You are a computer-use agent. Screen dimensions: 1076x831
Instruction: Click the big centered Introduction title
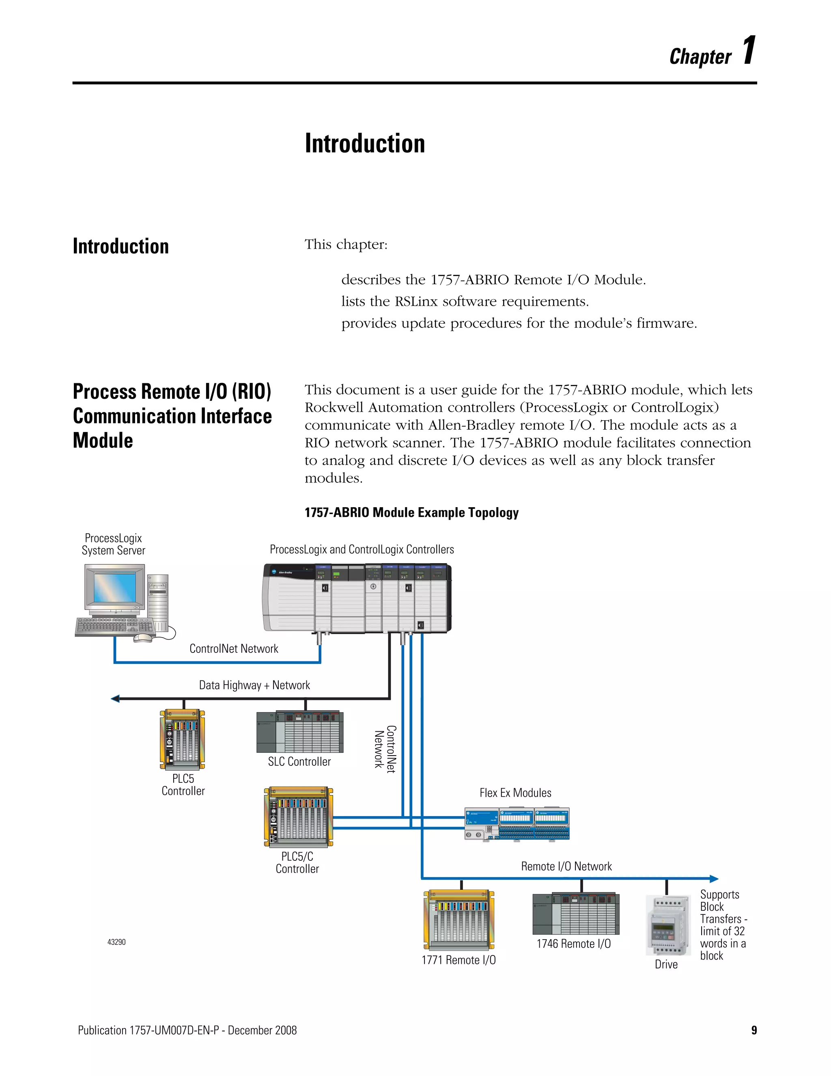pos(365,144)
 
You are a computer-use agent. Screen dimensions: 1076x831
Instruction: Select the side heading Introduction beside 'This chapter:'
pos(121,246)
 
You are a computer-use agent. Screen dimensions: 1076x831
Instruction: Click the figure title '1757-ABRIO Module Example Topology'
pos(411,512)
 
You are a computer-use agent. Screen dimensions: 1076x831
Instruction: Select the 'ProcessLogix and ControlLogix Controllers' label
pos(362,549)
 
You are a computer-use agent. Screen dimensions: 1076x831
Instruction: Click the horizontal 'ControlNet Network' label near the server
pos(234,648)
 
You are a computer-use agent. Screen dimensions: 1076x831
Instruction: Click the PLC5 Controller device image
pos(182,739)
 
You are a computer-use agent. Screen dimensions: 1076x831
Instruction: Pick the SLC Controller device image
pos(300,732)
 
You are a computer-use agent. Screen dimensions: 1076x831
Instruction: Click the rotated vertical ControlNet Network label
pos(385,749)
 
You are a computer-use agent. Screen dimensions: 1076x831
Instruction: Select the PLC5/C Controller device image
pos(298,817)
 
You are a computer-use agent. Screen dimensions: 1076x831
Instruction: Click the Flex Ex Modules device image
pos(517,824)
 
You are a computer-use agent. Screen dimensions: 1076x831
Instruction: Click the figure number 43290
pos(117,942)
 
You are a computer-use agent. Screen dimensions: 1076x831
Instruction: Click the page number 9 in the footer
pos(754,1030)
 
